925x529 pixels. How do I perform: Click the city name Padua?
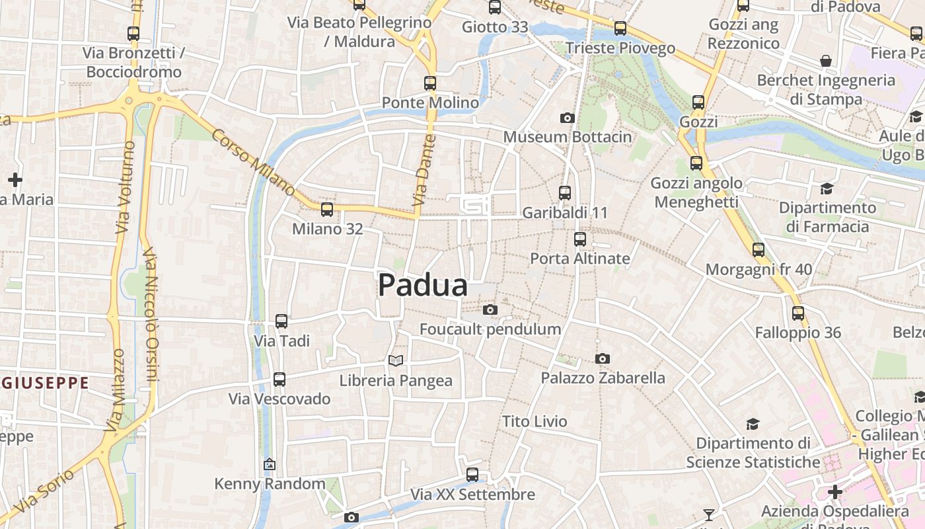point(423,286)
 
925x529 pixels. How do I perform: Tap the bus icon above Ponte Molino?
point(430,83)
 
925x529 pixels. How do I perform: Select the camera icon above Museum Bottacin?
point(567,118)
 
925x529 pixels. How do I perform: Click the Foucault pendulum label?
point(490,329)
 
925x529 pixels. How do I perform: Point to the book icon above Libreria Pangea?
point(395,360)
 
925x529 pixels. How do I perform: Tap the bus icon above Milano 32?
point(327,210)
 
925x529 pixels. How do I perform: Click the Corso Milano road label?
point(253,161)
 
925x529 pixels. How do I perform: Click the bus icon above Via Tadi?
point(281,321)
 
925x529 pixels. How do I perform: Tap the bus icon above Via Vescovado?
point(279,380)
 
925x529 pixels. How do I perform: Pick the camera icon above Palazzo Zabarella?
point(602,358)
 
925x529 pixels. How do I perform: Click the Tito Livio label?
point(535,421)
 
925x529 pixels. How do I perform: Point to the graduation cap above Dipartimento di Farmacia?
point(827,189)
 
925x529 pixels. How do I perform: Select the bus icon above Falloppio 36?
point(798,313)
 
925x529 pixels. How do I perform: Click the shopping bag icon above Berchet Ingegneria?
point(826,61)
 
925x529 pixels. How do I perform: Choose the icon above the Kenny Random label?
point(269,464)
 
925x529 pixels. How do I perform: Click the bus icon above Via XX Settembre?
point(472,474)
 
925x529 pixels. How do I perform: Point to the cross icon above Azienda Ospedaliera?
point(835,492)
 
